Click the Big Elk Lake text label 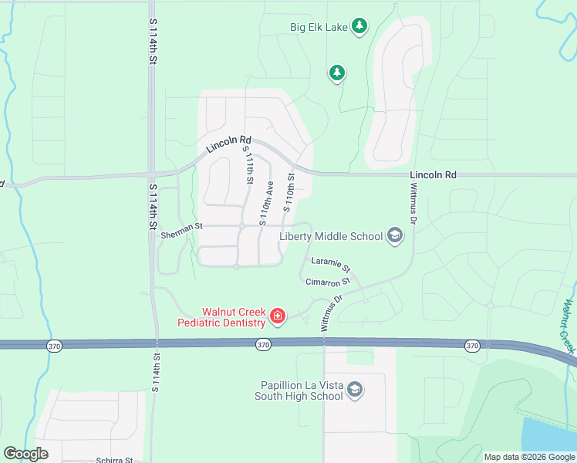(319, 27)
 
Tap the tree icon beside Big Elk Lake (359, 26)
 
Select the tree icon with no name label (336, 73)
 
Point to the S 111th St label (248, 164)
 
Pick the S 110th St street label (289, 192)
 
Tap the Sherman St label (181, 227)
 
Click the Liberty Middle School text (331, 236)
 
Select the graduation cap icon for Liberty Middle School (394, 235)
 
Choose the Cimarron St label (327, 282)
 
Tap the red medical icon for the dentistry (277, 316)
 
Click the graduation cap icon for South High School (355, 388)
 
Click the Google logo (25, 454)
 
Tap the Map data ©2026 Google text (529, 457)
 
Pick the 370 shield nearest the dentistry (263, 345)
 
